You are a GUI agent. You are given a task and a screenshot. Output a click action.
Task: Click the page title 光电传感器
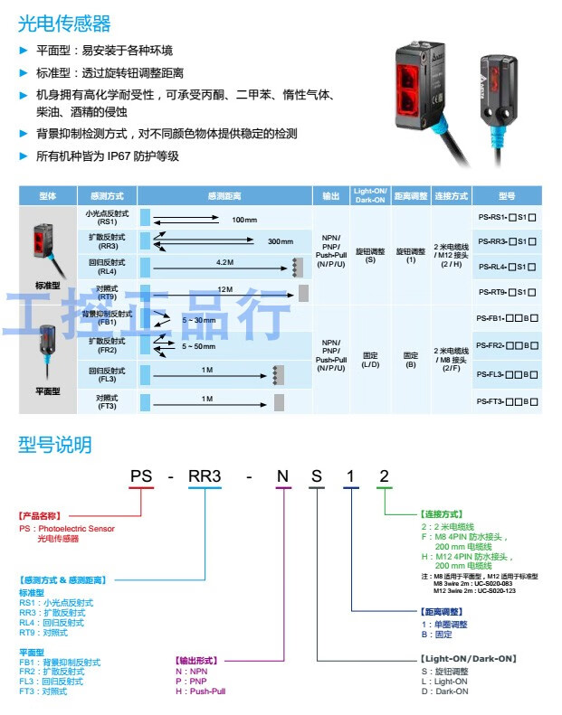coord(63,23)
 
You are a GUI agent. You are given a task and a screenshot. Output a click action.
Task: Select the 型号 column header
coord(507,195)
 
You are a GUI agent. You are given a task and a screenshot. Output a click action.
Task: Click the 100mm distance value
coord(244,220)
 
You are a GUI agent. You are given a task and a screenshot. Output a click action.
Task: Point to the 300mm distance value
coord(281,241)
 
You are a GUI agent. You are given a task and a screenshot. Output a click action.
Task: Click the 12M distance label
coord(225,289)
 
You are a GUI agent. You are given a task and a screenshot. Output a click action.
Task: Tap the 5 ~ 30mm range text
coord(199,320)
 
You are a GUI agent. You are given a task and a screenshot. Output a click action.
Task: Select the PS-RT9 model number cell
coord(507,292)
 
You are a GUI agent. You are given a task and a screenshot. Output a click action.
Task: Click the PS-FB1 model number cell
coord(507,318)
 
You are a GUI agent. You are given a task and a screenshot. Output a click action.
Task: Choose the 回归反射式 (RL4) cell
coord(108,267)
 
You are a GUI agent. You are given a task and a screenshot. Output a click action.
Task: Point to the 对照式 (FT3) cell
coord(108,401)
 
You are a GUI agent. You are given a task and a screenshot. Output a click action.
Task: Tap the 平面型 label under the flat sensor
coord(48,390)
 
